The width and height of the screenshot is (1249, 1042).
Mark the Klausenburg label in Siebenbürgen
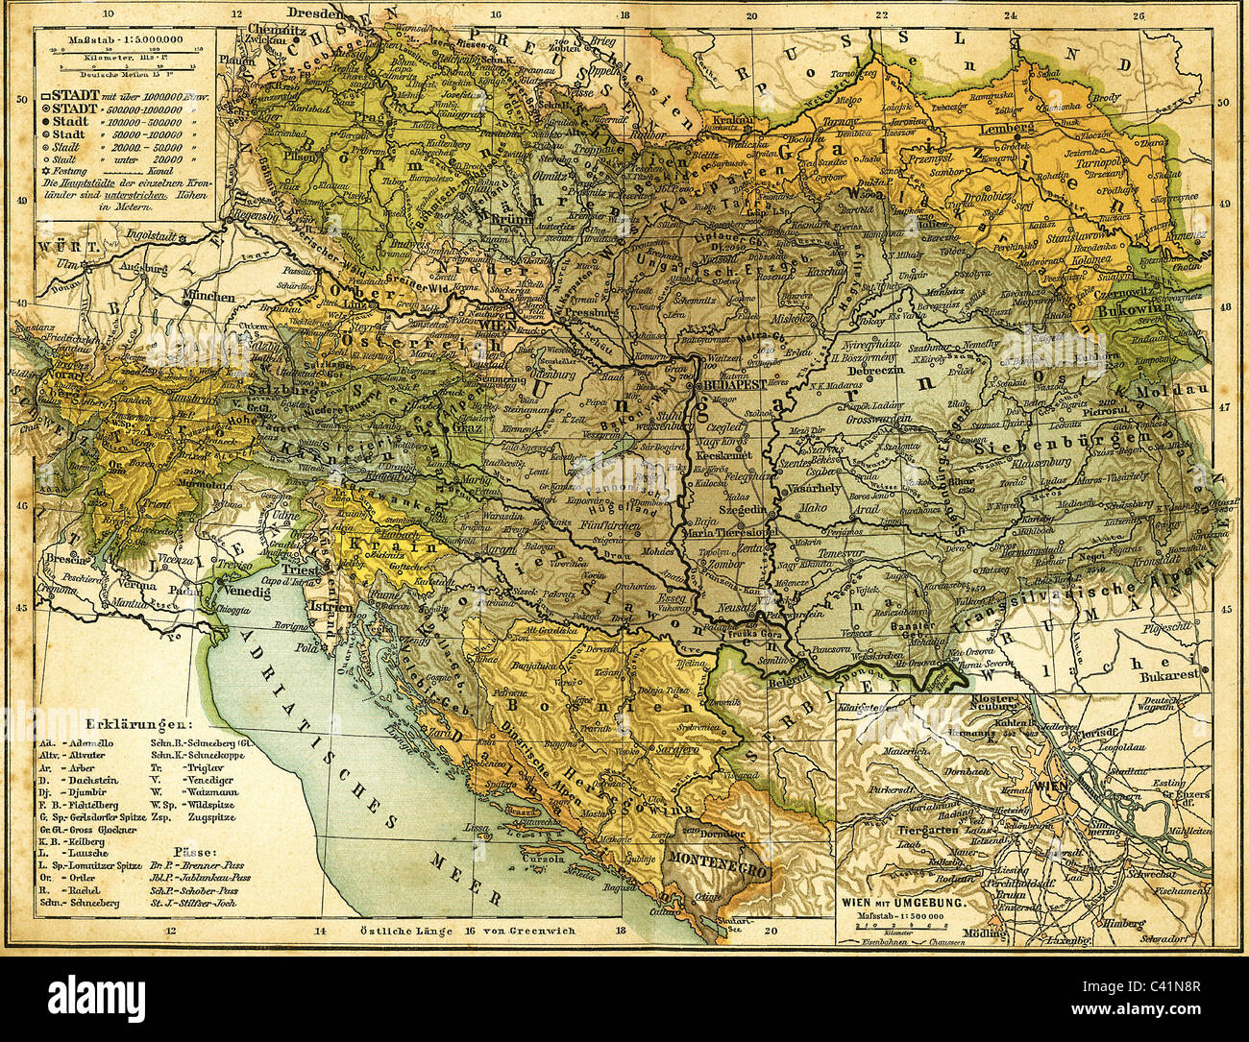tap(1049, 463)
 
